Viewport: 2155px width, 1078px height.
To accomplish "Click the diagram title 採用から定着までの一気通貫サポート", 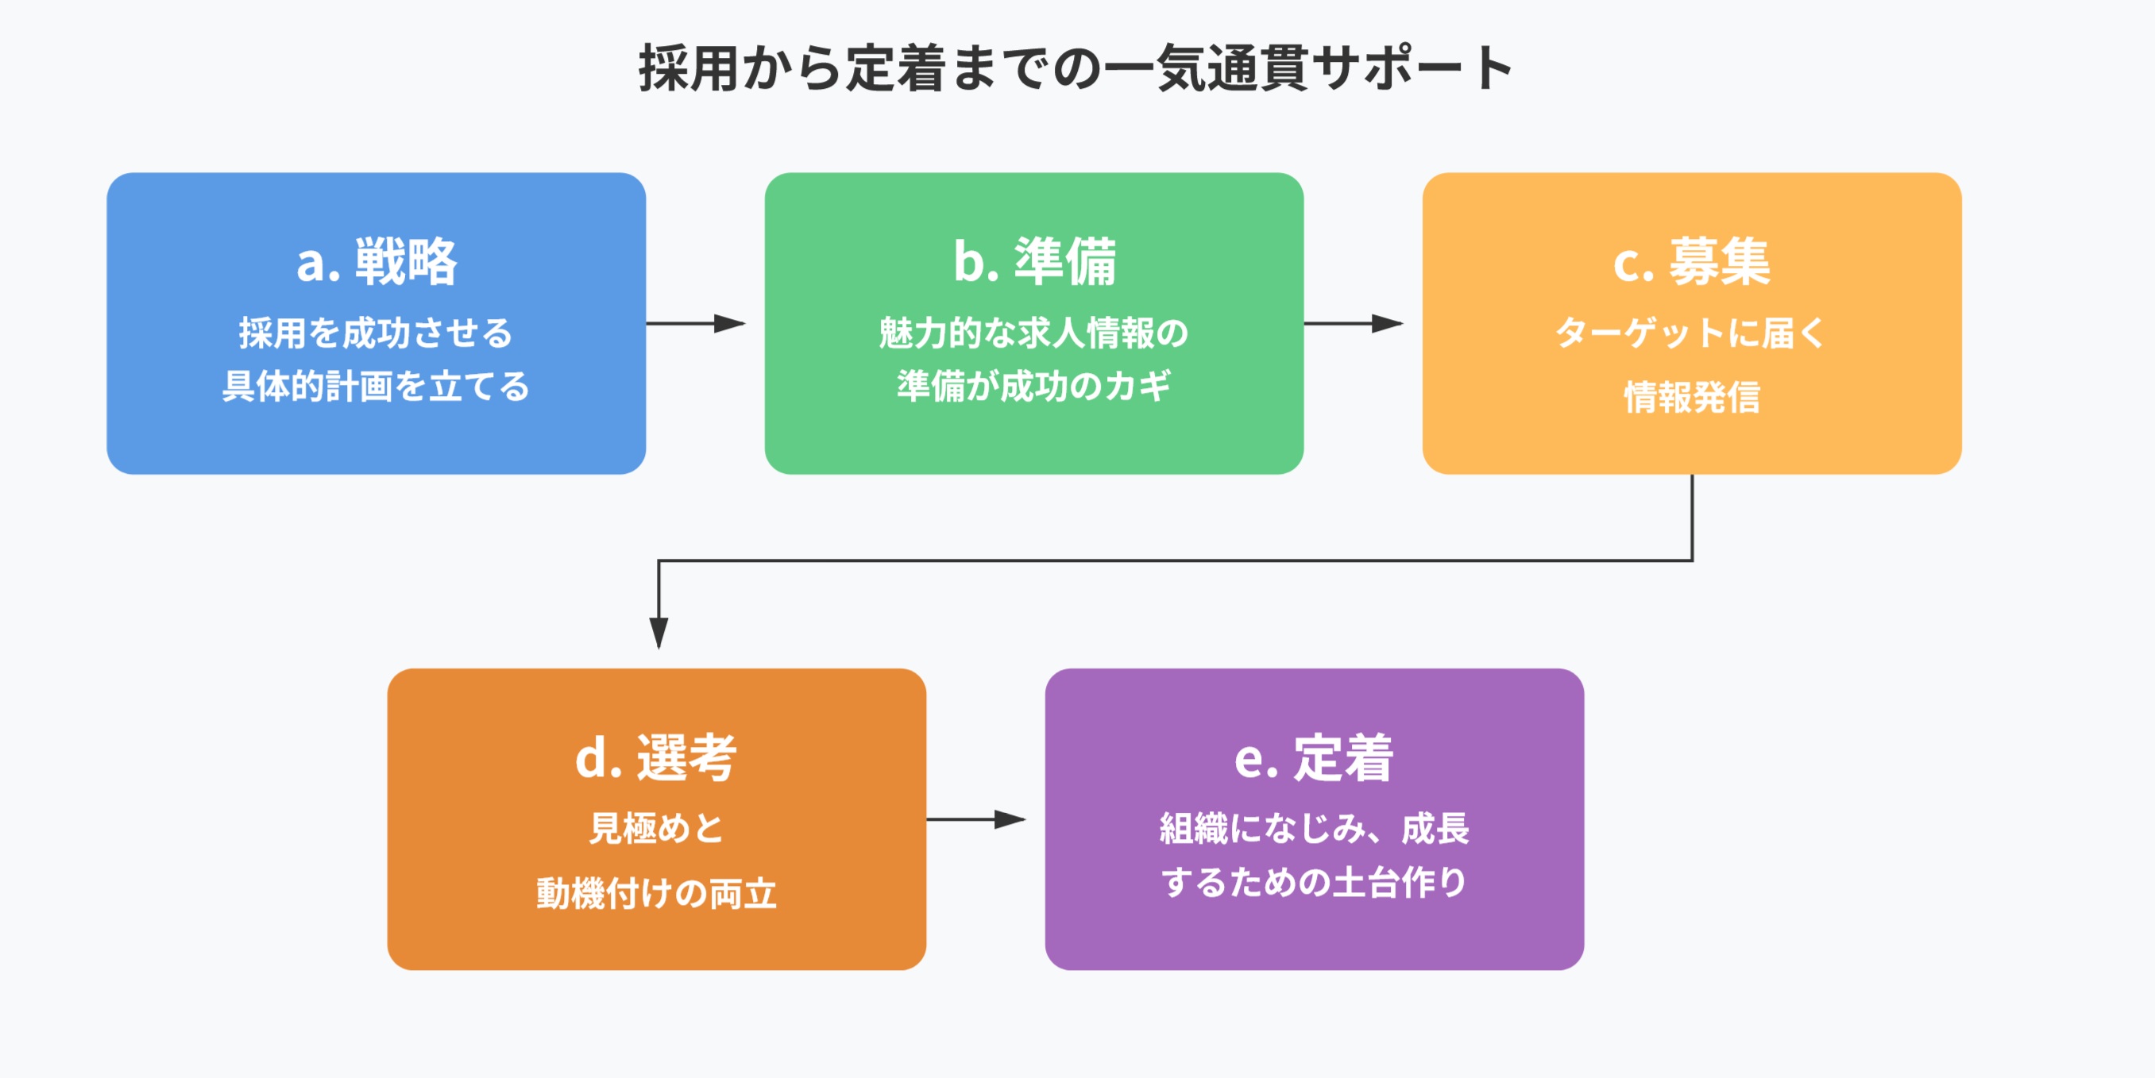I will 1076,67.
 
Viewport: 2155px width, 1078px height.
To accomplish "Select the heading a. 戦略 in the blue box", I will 377,262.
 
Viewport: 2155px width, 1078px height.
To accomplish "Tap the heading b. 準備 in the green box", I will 1034,262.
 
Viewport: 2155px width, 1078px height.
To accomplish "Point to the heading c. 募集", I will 1692,262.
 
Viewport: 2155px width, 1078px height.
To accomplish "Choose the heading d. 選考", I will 656,757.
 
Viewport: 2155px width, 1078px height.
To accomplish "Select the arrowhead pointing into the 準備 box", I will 730,324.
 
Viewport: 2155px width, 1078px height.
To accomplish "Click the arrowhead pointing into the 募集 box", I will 1388,324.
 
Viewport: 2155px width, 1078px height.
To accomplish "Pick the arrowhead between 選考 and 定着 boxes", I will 1010,819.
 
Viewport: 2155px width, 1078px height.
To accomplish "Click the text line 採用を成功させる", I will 377,333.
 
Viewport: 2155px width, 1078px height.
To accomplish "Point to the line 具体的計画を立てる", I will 377,387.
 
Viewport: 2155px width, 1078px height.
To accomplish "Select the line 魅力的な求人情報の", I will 1034,333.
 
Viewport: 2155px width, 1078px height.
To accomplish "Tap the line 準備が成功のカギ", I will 1034,387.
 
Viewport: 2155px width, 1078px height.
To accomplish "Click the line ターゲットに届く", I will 1692,333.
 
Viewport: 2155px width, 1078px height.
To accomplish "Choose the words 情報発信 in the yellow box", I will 1692,397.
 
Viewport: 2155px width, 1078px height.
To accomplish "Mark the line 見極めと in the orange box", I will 656,829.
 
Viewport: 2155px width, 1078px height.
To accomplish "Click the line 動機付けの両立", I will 656,894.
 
